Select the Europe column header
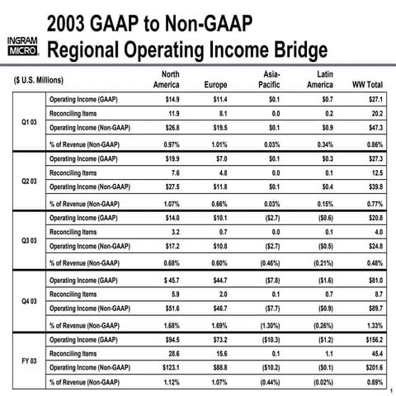215,85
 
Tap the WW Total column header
367,85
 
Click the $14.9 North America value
168,99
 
